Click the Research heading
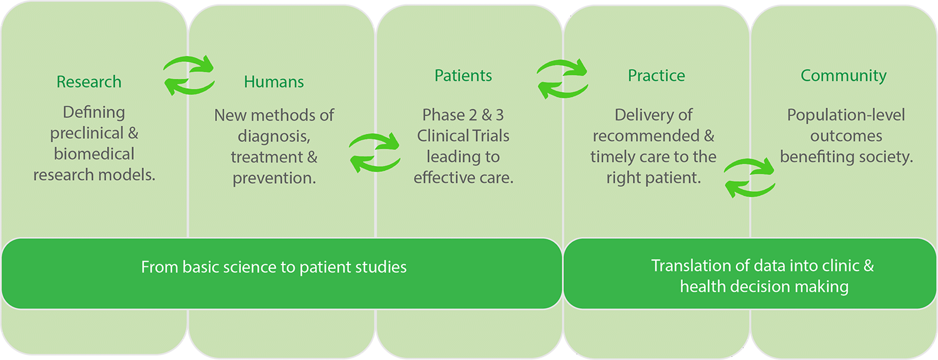(89, 82)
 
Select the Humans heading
(274, 82)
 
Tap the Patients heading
(463, 76)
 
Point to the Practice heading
(656, 76)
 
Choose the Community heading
(844, 76)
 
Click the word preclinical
(87, 134)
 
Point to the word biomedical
(94, 154)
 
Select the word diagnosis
(274, 136)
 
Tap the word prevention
(275, 178)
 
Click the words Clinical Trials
(463, 136)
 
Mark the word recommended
(646, 136)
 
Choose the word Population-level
(846, 115)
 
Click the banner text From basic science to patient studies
(274, 267)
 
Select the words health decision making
(764, 287)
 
